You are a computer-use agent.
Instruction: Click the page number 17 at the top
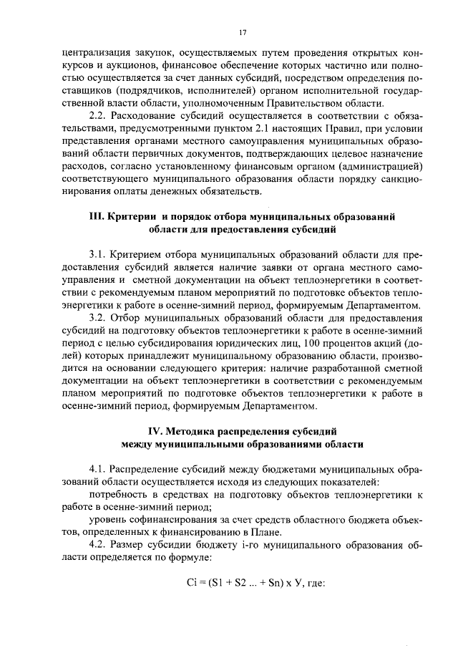click(x=243, y=32)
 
